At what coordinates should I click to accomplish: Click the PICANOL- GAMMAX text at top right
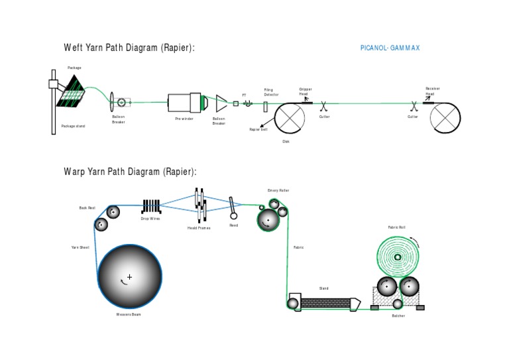(x=390, y=48)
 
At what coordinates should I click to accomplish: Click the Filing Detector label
(x=272, y=92)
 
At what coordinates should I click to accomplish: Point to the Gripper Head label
(x=305, y=91)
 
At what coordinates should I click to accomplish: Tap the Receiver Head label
(x=432, y=91)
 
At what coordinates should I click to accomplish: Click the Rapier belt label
(x=258, y=129)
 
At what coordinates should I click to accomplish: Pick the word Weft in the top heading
(x=73, y=48)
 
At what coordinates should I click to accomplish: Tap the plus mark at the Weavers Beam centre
(x=129, y=276)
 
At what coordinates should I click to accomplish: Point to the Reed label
(x=233, y=225)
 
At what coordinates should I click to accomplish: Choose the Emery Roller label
(x=278, y=190)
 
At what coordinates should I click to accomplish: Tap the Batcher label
(x=398, y=316)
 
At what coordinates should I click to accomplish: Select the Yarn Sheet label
(x=80, y=247)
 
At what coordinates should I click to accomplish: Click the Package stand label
(x=73, y=126)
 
